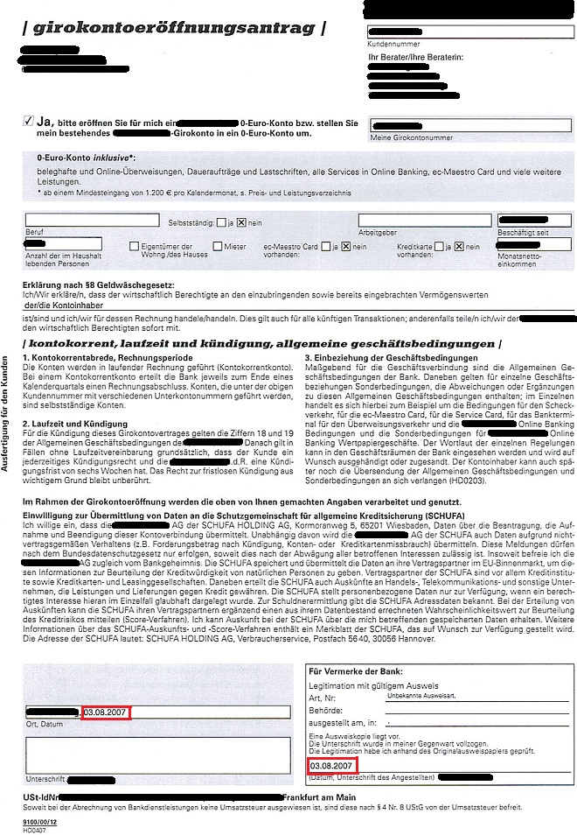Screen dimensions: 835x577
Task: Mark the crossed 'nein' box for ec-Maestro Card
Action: (x=346, y=247)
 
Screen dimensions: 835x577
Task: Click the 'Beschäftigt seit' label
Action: (x=525, y=232)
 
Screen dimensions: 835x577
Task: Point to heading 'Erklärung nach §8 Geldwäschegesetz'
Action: (x=101, y=285)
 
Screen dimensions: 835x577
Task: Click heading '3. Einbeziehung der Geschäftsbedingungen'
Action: (x=393, y=357)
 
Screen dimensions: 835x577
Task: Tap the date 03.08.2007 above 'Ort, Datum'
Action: (x=107, y=711)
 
